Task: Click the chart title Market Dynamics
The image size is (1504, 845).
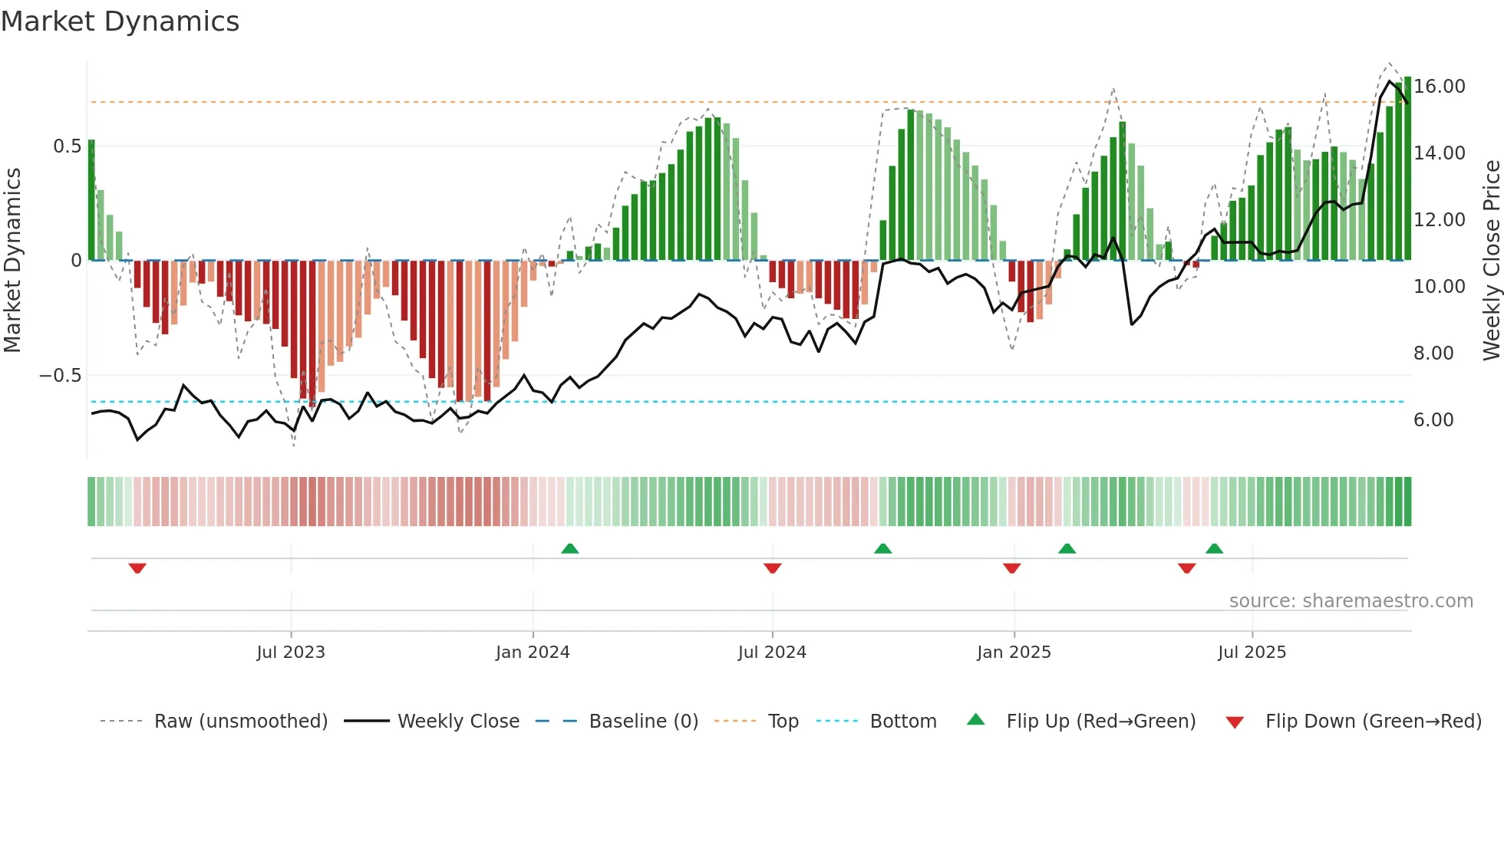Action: [x=120, y=21]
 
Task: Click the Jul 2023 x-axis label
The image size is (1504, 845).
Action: [x=291, y=653]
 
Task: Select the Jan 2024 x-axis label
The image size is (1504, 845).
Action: [x=533, y=653]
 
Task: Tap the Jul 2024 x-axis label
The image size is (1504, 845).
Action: [x=772, y=653]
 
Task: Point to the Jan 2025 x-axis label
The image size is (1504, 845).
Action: [x=1014, y=653]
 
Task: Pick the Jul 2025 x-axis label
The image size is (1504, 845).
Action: [x=1252, y=653]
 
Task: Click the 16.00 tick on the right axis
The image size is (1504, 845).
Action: [x=1440, y=87]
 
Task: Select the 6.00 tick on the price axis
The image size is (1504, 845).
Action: [x=1433, y=420]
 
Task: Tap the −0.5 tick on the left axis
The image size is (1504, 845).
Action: [x=60, y=376]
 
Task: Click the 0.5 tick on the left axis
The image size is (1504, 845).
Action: [x=67, y=146]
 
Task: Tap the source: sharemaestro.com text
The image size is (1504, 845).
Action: [x=1351, y=601]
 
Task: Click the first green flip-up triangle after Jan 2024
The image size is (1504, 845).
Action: [x=569, y=548]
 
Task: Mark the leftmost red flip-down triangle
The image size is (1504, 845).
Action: [x=137, y=568]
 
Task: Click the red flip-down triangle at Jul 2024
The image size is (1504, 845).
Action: [x=773, y=568]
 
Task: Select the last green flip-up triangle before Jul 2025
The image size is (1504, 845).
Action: [x=1214, y=548]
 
